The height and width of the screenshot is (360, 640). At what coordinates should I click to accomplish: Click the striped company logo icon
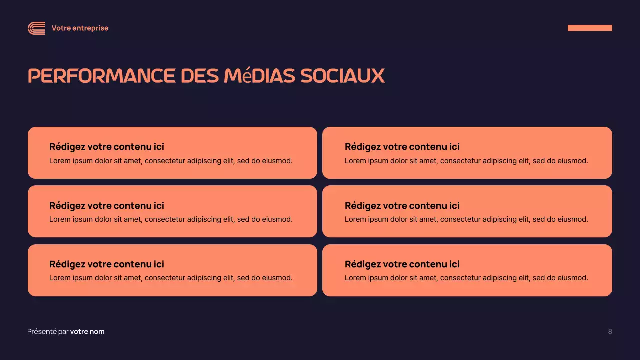(36, 28)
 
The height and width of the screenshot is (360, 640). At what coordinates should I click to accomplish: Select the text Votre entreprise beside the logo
(80, 28)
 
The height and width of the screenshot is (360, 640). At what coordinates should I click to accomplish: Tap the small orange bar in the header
(590, 28)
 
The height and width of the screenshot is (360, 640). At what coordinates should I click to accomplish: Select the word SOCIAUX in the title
(342, 76)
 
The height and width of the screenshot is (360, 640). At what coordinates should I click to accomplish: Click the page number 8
(610, 332)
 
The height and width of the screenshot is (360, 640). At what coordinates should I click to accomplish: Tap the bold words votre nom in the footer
(87, 332)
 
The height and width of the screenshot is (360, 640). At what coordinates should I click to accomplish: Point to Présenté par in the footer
(48, 332)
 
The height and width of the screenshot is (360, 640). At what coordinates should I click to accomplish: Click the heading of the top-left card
(107, 147)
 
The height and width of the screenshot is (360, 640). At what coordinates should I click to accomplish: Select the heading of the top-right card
(402, 147)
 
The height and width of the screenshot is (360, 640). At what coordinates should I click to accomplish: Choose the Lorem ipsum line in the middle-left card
(171, 219)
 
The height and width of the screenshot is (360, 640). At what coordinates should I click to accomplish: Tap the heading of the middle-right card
(402, 206)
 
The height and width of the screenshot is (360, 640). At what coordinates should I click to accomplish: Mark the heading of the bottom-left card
(107, 264)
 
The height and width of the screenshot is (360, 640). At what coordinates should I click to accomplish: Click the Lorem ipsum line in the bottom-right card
(466, 278)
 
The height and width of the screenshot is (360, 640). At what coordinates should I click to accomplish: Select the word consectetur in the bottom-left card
(164, 278)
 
